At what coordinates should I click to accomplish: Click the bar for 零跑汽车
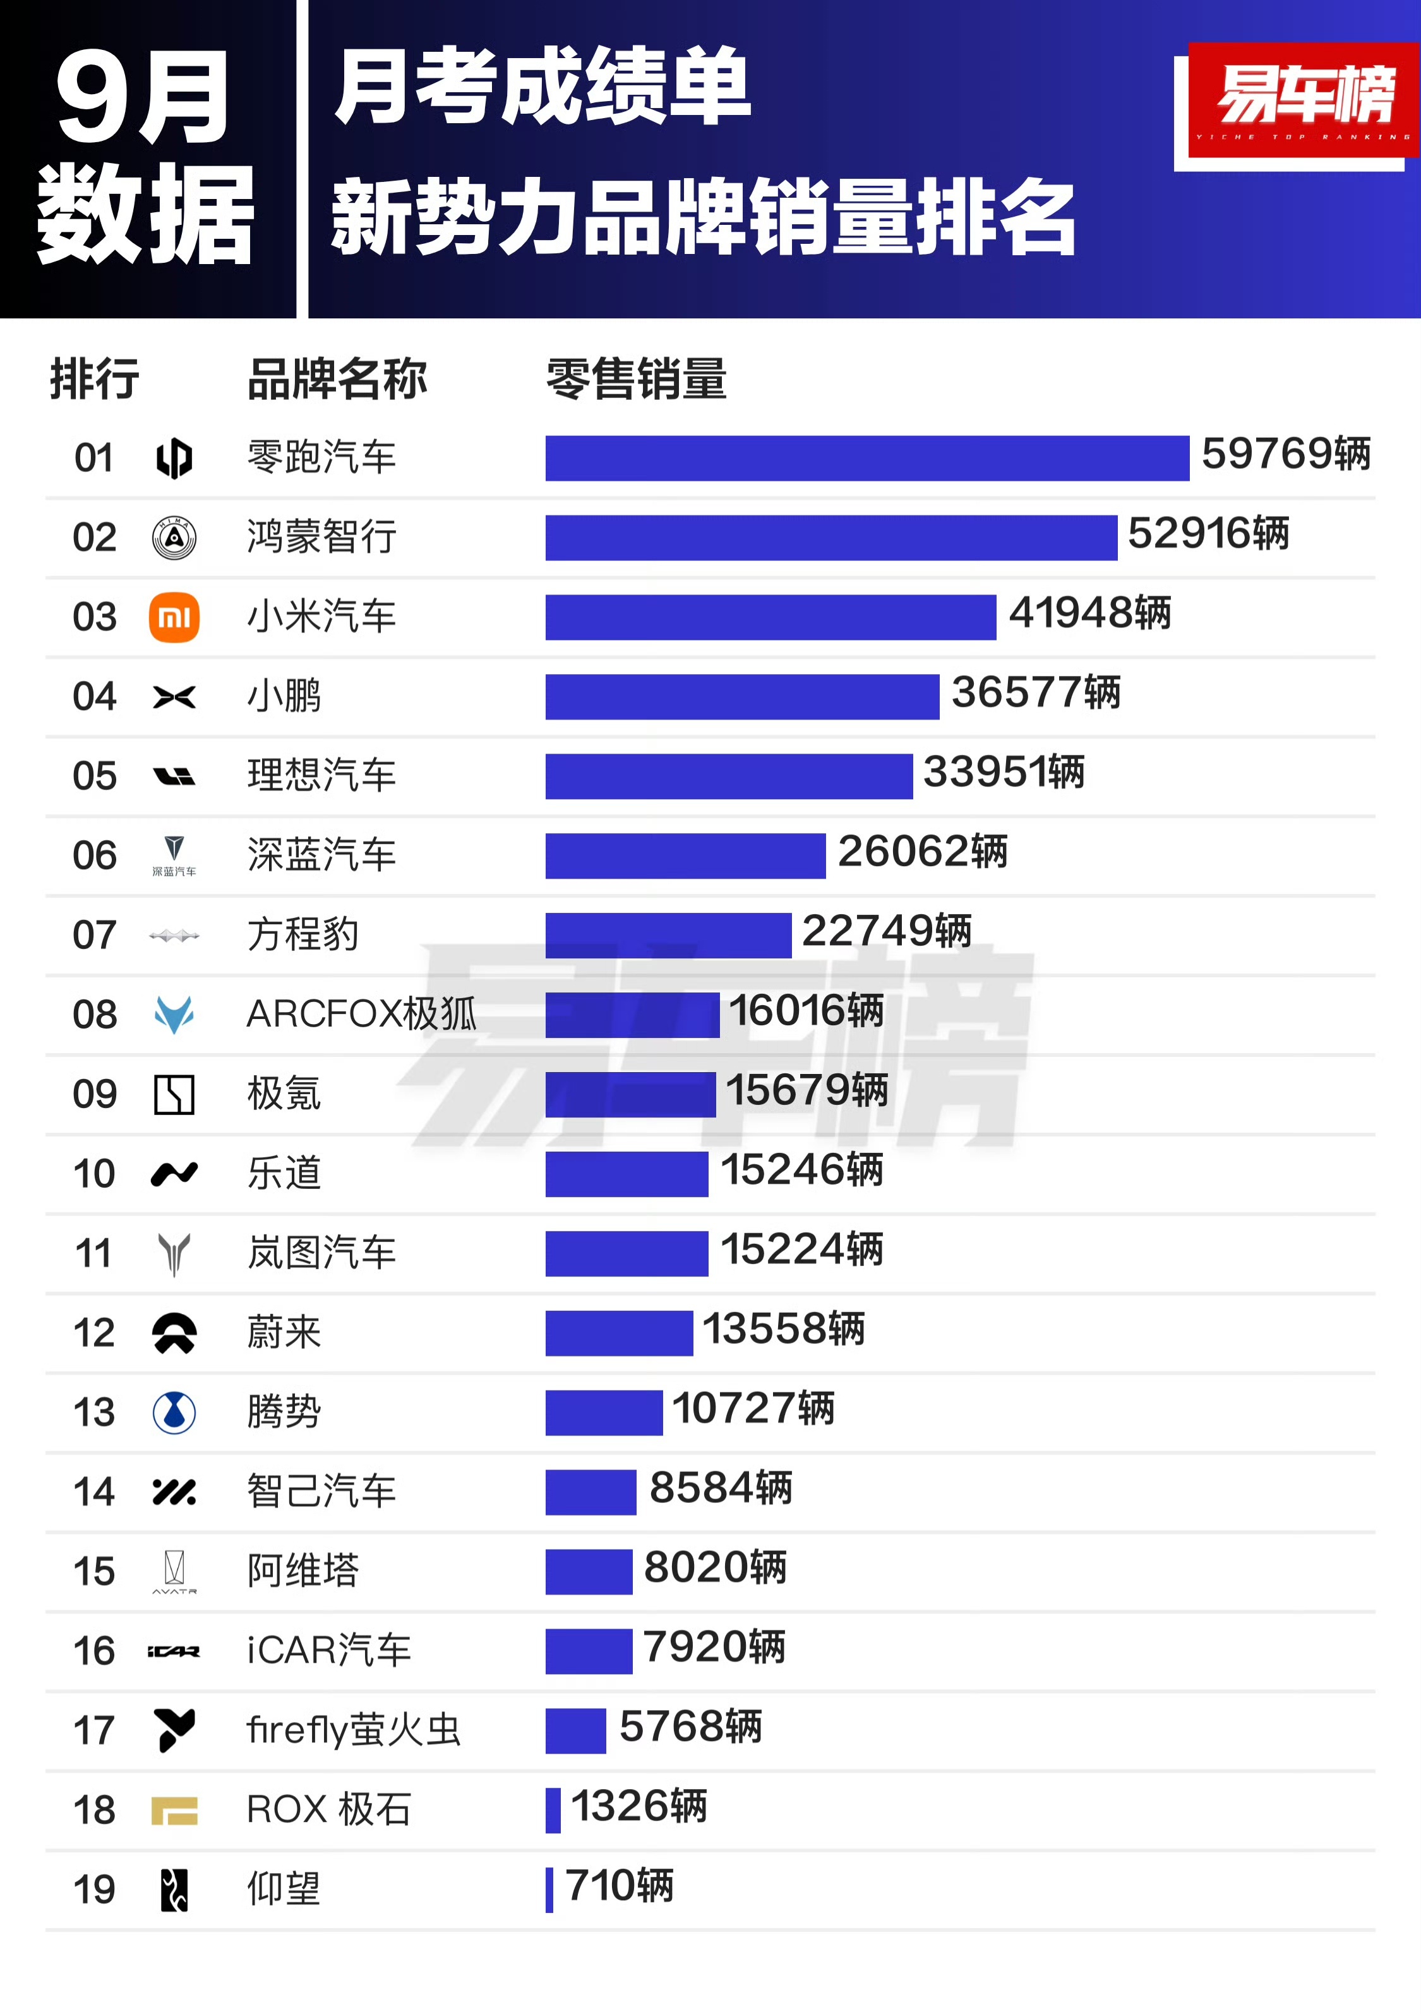pos(866,458)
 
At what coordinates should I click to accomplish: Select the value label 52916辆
pos(1208,533)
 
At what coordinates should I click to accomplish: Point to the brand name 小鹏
pos(284,696)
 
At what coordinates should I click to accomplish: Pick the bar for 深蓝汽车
pos(685,856)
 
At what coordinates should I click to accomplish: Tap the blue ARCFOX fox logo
pos(174,1015)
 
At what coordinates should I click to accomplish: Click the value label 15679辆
pos(806,1090)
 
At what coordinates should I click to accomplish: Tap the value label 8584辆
pos(720,1488)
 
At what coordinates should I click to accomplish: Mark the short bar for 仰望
pos(549,1890)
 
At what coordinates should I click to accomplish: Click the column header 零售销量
pos(636,380)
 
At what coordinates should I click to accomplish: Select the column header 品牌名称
pos(337,380)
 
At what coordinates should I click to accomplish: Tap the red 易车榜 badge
pos(1302,99)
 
